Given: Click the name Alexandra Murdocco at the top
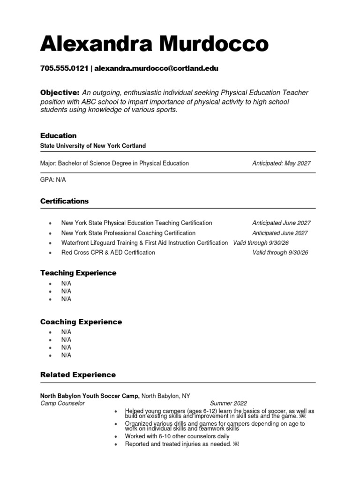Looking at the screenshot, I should click(154, 45).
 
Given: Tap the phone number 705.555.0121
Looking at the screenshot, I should click(64, 68).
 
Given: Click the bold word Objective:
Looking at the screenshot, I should click(60, 93).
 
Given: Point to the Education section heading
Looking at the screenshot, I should click(58, 135).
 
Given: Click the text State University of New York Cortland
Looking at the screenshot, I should click(93, 146).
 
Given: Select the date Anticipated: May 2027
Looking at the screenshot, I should click(281, 164).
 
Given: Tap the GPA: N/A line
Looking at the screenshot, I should click(54, 180).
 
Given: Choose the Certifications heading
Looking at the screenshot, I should click(64, 201).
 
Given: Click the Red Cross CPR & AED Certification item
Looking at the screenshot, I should click(108, 253).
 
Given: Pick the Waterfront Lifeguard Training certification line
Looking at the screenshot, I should click(144, 243).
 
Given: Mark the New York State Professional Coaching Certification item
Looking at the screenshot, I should click(128, 233).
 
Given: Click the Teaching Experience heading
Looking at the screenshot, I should click(78, 273).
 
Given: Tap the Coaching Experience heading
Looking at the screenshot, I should click(81, 322).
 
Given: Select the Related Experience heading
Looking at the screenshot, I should click(78, 375).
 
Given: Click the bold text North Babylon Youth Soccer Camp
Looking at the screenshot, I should click(90, 396).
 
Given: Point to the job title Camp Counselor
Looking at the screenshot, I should click(62, 403).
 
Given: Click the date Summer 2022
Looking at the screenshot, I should click(228, 403).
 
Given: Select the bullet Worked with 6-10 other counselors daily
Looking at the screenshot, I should click(177, 436).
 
